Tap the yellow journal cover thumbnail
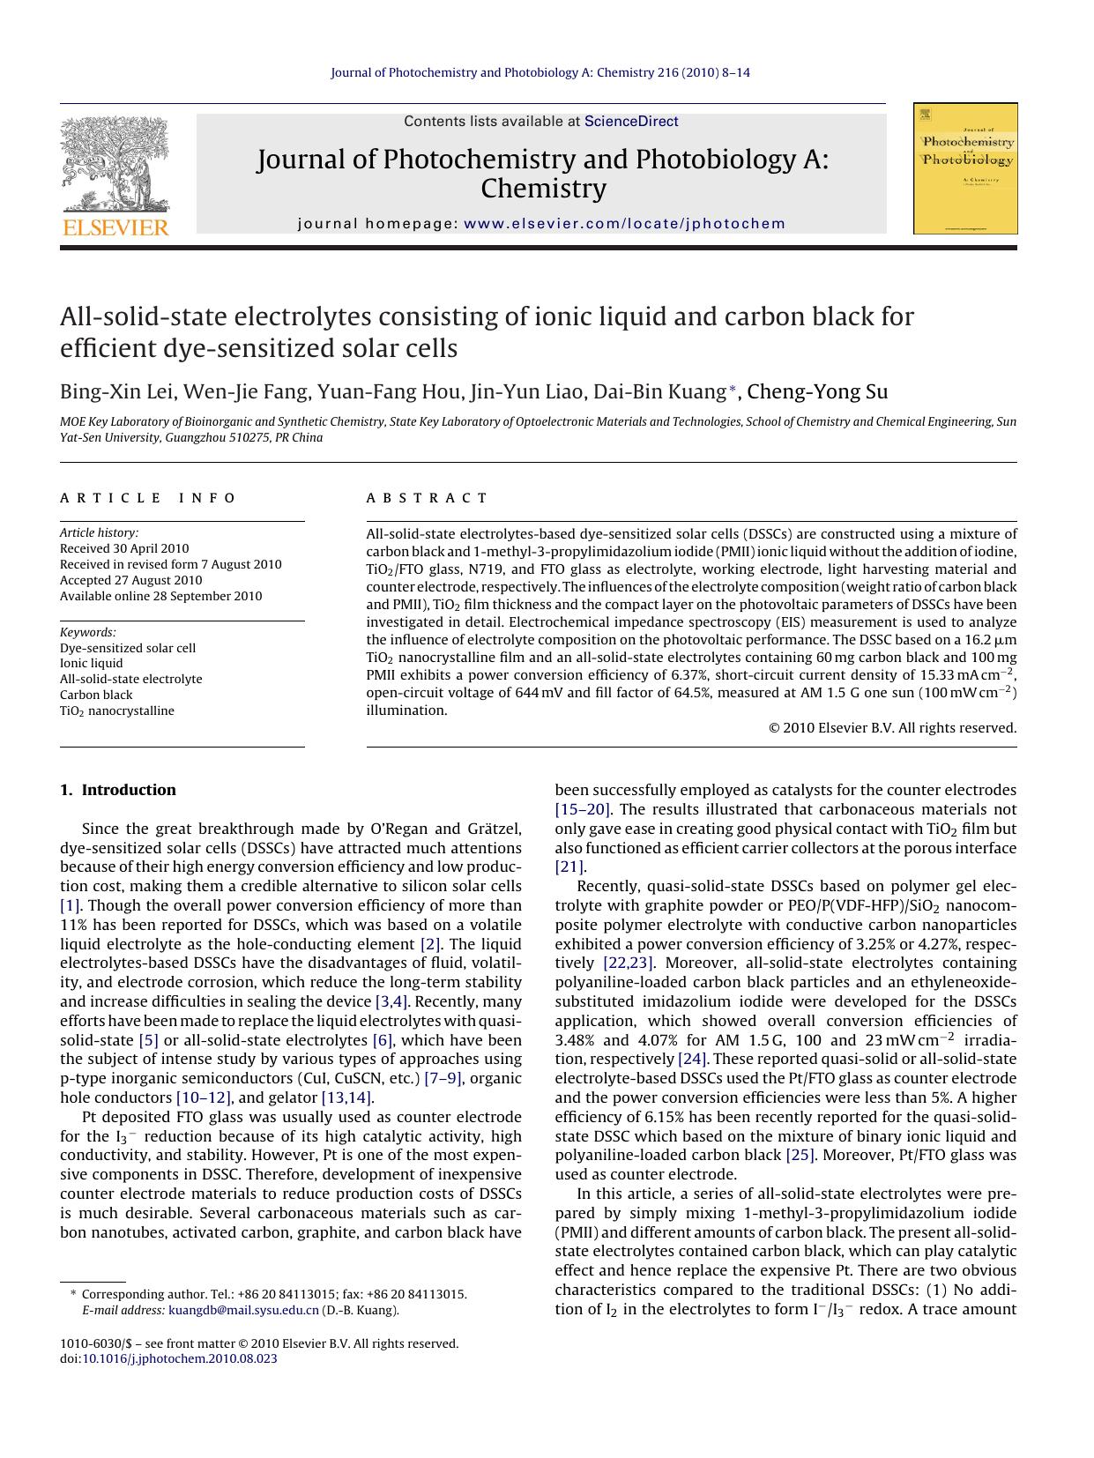pyautogui.click(x=965, y=168)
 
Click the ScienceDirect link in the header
pyautogui.click(x=631, y=122)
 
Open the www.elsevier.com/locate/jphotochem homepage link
pyautogui.click(x=624, y=224)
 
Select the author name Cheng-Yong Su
pyautogui.click(x=817, y=392)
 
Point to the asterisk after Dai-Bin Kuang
pyautogui.click(x=732, y=389)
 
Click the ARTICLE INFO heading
pyautogui.click(x=148, y=498)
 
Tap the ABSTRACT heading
pyautogui.click(x=427, y=498)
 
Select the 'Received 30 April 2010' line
pyautogui.click(x=124, y=548)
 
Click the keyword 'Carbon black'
pyautogui.click(x=96, y=695)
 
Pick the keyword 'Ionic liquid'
pyautogui.click(x=92, y=663)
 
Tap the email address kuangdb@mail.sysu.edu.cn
pyautogui.click(x=243, y=1310)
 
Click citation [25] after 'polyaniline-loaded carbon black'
pyautogui.click(x=800, y=1155)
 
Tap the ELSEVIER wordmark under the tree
pyautogui.click(x=115, y=228)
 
